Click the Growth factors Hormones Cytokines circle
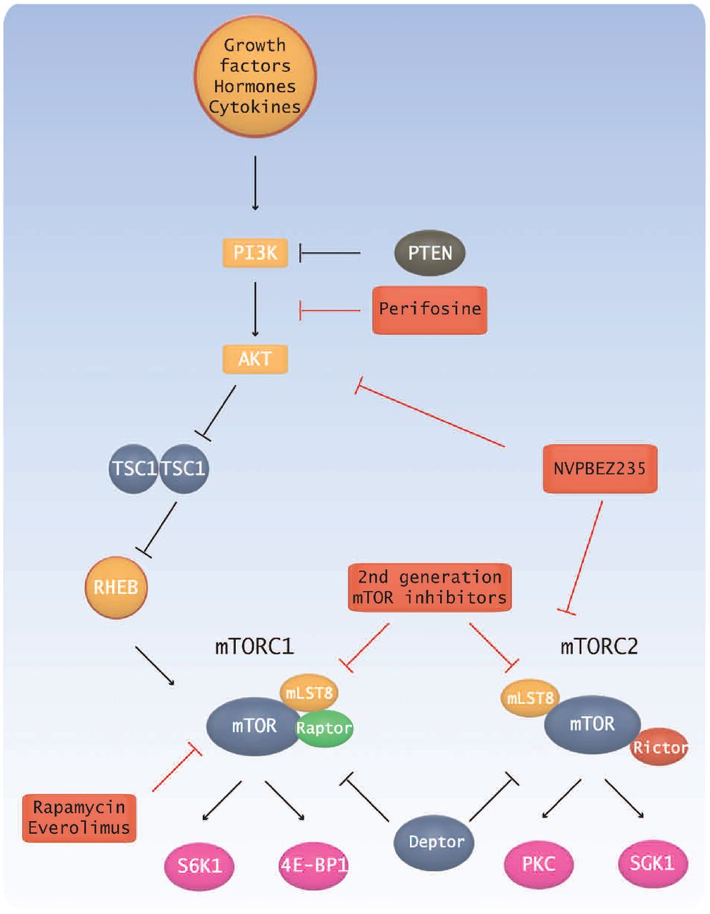255,75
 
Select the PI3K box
255,253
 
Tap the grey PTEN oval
430,253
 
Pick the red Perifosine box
429,310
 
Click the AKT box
255,358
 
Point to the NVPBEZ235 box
599,468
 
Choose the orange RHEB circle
116,588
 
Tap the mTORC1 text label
254,647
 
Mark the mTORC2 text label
599,647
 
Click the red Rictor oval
660,748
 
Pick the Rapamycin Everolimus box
79,818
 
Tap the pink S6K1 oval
200,866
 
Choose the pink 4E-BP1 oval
314,866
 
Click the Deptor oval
436,843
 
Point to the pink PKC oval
539,865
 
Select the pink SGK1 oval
652,863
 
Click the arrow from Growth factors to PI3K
255,184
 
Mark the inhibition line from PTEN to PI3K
330,253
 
